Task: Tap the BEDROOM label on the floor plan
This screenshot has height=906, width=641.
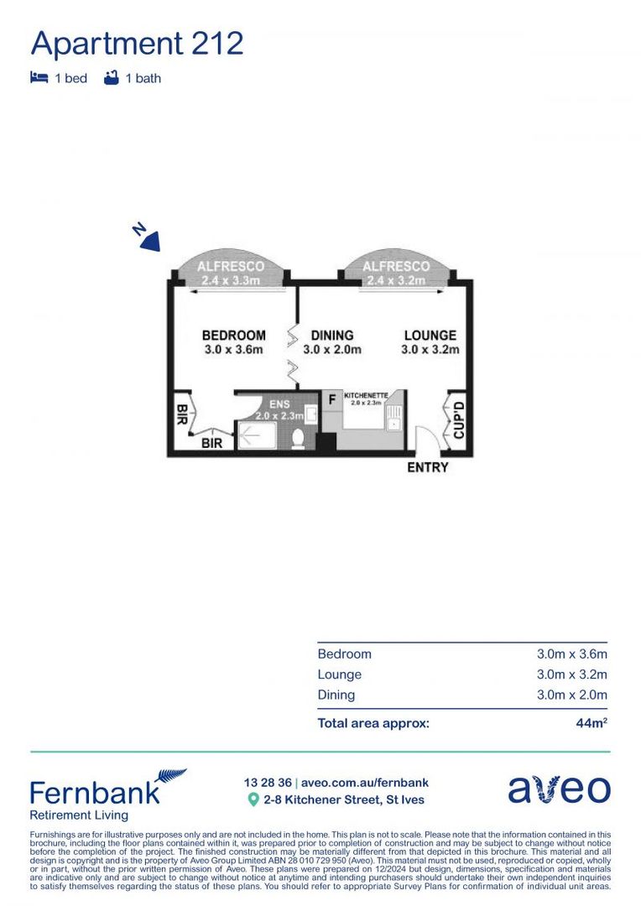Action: coord(233,336)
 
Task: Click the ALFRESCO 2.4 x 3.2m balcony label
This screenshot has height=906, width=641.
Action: coord(395,267)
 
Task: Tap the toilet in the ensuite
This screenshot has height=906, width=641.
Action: coord(298,438)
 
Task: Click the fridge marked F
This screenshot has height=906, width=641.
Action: coord(331,400)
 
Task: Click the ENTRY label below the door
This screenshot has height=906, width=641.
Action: coord(427,467)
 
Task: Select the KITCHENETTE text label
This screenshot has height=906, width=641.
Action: coord(365,394)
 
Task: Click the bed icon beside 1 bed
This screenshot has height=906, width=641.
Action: coord(39,78)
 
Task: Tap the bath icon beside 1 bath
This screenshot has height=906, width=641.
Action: coord(111,78)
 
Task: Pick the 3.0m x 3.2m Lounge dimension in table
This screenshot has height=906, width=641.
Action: coord(571,674)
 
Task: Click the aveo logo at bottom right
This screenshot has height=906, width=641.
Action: coord(559,789)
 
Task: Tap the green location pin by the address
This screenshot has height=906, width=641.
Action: coord(253,800)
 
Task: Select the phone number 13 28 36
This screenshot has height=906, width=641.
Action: coord(266,783)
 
